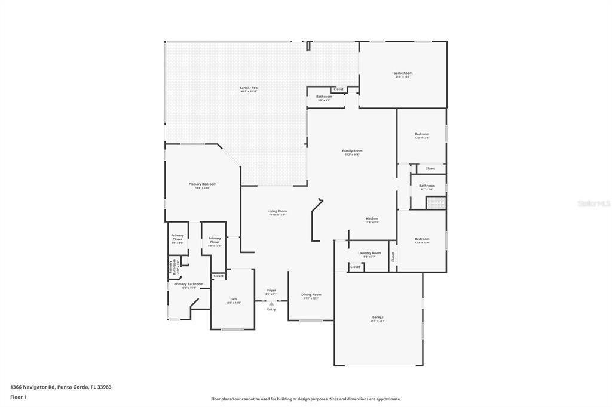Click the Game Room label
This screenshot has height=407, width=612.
pyautogui.click(x=403, y=73)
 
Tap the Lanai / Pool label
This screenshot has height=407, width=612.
pyautogui.click(x=249, y=88)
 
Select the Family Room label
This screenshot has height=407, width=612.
pyautogui.click(x=352, y=151)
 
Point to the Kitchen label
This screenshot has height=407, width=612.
pyautogui.click(x=372, y=219)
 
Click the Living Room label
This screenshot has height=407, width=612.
pyautogui.click(x=277, y=211)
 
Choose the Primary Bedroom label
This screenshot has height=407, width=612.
pyautogui.click(x=203, y=184)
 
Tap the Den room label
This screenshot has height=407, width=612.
pyautogui.click(x=233, y=299)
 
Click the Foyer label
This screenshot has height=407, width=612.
pyautogui.click(x=271, y=291)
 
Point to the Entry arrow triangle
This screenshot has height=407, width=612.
pyautogui.click(x=271, y=304)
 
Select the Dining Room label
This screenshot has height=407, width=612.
pyautogui.click(x=311, y=295)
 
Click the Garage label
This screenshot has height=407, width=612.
pyautogui.click(x=378, y=317)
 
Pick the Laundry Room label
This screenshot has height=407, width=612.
pyautogui.click(x=369, y=253)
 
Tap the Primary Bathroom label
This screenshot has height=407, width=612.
pyautogui.click(x=188, y=285)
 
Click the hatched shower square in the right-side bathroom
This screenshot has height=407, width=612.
pyautogui.click(x=435, y=203)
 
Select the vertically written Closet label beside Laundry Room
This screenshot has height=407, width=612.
pyautogui.click(x=393, y=257)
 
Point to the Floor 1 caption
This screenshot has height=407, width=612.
pyautogui.click(x=18, y=396)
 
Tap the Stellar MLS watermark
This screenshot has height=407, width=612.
pyautogui.click(x=593, y=203)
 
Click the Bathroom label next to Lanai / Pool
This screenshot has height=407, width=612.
pyautogui.click(x=324, y=97)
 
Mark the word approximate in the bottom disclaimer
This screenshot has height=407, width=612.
pyautogui.click(x=387, y=399)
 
